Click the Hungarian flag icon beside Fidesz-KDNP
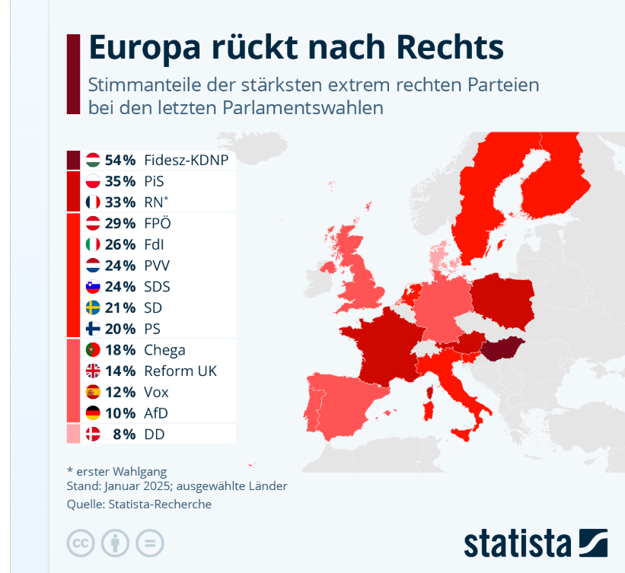[x=94, y=160]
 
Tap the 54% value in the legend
[x=120, y=160]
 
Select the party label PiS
[x=154, y=181]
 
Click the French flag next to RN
[x=94, y=202]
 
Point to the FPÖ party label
[x=158, y=224]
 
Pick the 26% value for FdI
[x=120, y=245]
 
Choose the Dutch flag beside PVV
[x=94, y=266]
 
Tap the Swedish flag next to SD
[x=94, y=308]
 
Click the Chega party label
[x=164, y=350]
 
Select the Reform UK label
[x=180, y=371]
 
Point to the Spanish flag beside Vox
[x=94, y=393]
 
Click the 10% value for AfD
[x=120, y=413]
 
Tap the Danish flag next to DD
[x=94, y=435]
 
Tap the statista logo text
[x=518, y=543]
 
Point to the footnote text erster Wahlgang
[x=122, y=472]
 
